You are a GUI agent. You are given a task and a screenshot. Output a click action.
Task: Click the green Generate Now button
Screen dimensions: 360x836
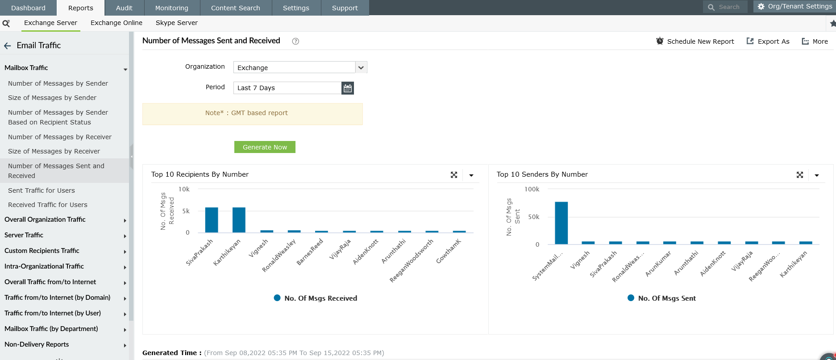tap(265, 147)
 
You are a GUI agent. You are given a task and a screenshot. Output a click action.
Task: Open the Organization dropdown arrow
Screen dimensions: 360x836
tap(361, 67)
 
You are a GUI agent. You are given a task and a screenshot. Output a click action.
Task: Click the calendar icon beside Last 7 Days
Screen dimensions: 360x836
tap(348, 88)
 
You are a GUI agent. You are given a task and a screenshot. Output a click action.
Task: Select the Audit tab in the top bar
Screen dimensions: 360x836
tap(124, 8)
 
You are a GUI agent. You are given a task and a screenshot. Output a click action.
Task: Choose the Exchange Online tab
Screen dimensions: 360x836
tap(116, 23)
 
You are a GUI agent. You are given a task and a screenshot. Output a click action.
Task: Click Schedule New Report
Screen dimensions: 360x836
tap(695, 41)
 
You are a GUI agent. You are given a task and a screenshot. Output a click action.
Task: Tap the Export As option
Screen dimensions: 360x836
tap(768, 41)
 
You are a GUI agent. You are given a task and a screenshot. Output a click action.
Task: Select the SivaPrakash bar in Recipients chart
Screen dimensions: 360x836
tap(212, 220)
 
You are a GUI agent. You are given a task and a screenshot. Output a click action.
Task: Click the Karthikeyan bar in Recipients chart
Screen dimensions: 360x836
tap(239, 220)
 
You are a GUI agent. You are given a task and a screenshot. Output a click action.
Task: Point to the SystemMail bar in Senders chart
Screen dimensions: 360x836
tap(561, 223)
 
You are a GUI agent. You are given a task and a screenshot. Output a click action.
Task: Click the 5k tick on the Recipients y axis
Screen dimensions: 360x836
tap(186, 211)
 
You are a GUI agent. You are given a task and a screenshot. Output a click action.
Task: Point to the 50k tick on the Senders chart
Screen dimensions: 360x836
tap(533, 217)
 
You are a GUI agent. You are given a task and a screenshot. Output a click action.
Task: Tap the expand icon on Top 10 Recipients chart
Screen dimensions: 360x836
tap(454, 175)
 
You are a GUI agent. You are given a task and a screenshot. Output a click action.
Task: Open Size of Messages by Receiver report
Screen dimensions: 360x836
tap(54, 151)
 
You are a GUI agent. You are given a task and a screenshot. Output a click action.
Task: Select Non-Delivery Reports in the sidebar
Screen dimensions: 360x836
tap(37, 344)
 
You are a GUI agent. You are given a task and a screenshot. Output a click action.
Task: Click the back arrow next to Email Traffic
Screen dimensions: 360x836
tap(8, 46)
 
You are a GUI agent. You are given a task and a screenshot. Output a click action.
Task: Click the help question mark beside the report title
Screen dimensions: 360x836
tap(295, 41)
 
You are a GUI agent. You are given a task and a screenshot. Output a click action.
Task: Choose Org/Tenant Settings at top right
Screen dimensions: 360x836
tap(794, 6)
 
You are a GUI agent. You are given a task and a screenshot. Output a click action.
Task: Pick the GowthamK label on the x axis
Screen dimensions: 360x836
tap(449, 251)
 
